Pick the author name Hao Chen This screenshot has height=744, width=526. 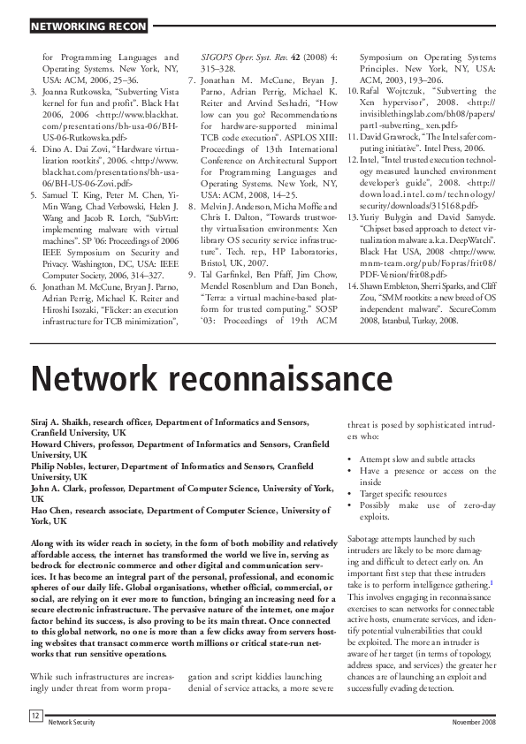coord(53,510)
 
